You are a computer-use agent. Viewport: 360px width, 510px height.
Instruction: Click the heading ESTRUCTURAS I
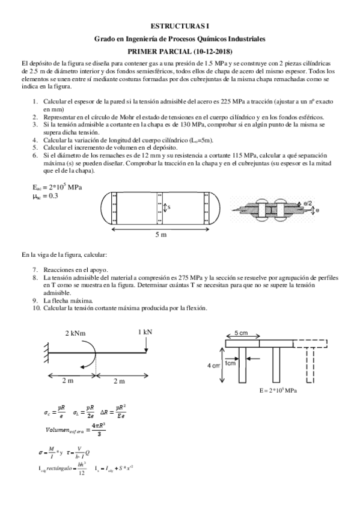pyautogui.click(x=180, y=26)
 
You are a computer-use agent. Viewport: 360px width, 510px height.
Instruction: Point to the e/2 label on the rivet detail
pyautogui.click(x=307, y=204)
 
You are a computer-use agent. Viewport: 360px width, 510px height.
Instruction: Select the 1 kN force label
pyautogui.click(x=145, y=331)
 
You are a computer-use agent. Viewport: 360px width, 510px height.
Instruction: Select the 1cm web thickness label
pyautogui.click(x=230, y=363)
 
